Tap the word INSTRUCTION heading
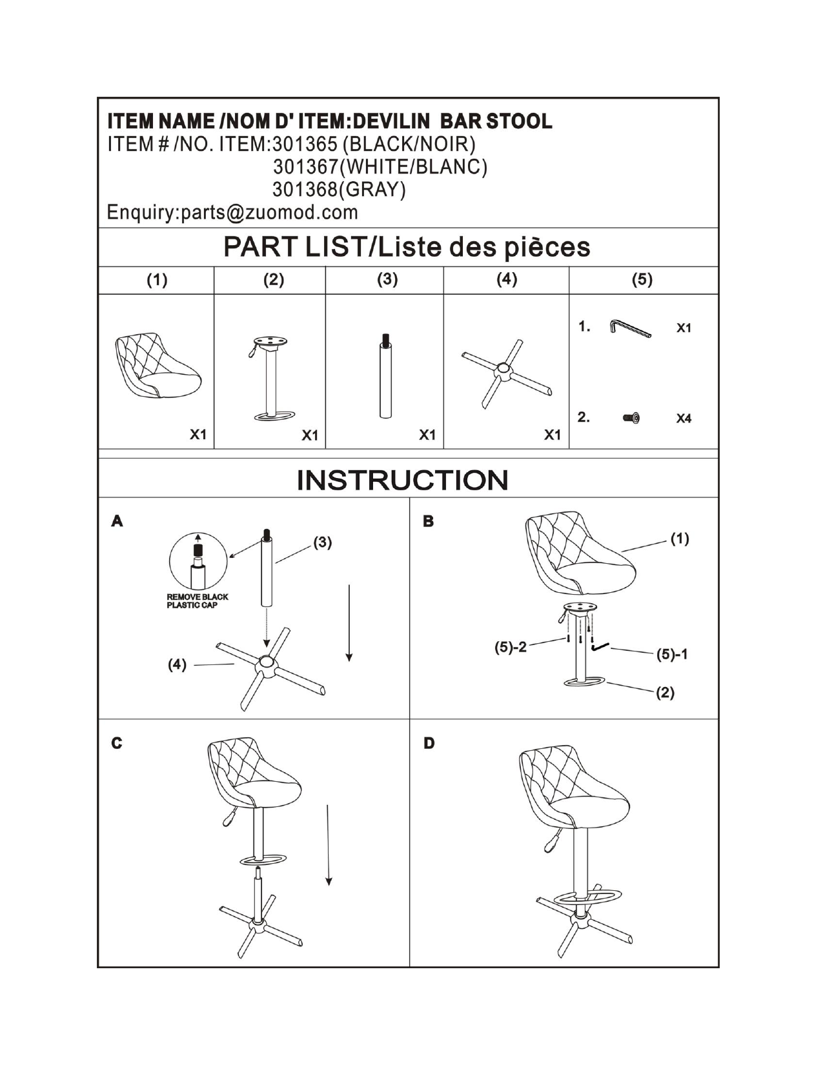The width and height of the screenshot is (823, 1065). coord(402,480)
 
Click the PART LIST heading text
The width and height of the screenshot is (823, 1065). coord(407,247)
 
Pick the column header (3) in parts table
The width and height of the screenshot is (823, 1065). coord(387,279)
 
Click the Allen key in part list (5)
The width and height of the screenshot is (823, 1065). coord(629,328)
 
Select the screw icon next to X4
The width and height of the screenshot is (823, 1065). coord(631,418)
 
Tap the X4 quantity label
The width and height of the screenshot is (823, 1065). coord(683,419)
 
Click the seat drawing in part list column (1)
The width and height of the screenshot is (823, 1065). coord(157,365)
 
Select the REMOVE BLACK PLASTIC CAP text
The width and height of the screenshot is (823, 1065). coord(197,601)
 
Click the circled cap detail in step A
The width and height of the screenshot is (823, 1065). coord(198,561)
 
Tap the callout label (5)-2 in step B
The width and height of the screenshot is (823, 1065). coord(510,647)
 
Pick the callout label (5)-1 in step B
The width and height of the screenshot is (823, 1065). coord(671,655)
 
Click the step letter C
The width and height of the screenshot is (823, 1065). coord(116,743)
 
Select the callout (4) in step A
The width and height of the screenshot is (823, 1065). coord(177,664)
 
